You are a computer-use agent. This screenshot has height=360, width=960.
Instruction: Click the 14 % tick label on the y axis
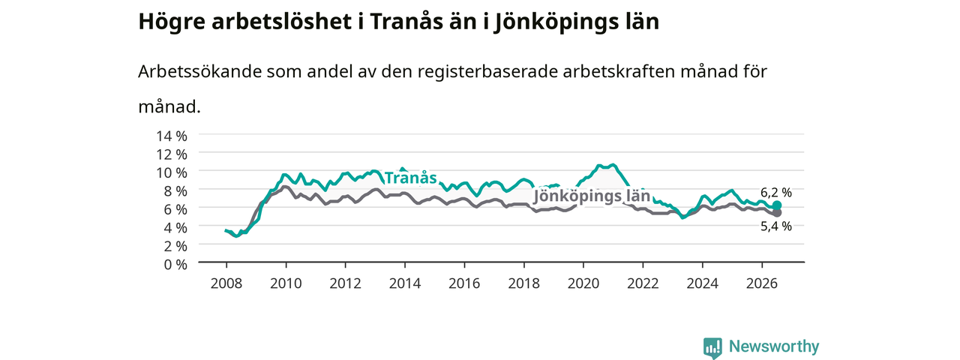point(172,136)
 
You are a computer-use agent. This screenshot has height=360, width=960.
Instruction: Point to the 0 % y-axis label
point(175,265)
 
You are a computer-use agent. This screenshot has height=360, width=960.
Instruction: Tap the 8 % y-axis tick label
point(175,191)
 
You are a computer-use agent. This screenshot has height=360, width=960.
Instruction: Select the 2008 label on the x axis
point(226,283)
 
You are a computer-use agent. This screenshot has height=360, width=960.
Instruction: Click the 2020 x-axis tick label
point(583,283)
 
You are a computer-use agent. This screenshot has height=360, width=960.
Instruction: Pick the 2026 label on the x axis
point(762,283)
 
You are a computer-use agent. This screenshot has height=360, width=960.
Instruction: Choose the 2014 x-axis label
point(404,283)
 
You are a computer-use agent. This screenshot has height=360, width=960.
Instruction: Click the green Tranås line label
point(410,178)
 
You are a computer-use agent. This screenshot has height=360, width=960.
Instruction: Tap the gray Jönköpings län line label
point(592,196)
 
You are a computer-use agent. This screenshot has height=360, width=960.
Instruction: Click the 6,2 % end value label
point(776,193)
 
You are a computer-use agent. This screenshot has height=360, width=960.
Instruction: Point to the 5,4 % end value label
point(776,226)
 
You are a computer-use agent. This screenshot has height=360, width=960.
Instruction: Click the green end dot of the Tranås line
point(776,205)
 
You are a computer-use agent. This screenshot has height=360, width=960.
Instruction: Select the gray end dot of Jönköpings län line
point(777,212)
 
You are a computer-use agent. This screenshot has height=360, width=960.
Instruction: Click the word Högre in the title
point(172,22)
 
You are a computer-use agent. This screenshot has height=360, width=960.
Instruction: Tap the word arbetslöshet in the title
point(281,22)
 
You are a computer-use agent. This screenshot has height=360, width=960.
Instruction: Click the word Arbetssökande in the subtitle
point(199,71)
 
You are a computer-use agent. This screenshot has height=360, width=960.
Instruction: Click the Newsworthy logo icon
point(712,348)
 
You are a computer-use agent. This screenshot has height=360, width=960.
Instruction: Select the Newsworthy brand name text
point(774,346)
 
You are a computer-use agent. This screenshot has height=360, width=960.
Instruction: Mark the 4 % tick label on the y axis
point(175,228)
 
